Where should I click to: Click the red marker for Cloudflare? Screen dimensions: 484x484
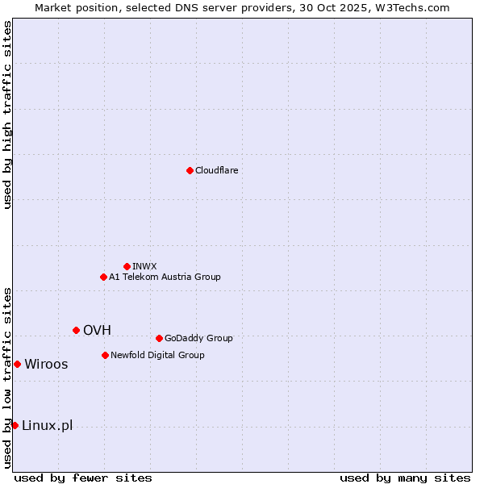point(190,170)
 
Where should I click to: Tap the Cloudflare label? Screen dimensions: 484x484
point(216,170)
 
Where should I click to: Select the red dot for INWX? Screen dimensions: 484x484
point(127,266)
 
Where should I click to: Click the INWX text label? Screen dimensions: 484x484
point(144,266)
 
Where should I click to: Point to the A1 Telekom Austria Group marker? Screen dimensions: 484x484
point(103,277)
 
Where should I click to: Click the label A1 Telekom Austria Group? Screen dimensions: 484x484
point(165,277)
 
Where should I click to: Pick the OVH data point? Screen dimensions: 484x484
point(76,330)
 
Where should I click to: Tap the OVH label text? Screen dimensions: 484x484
point(97,330)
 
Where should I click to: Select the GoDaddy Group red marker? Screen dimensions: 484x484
point(159,338)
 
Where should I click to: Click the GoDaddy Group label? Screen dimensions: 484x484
point(198,338)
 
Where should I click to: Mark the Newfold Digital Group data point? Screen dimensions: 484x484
point(105,355)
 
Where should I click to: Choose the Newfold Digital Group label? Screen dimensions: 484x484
point(157,355)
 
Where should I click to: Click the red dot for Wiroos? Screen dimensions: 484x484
point(17,364)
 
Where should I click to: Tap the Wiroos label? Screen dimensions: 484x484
point(46,364)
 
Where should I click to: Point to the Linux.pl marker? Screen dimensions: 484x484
point(15,425)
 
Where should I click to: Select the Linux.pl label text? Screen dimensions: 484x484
point(47,425)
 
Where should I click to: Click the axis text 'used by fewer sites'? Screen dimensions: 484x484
point(83,478)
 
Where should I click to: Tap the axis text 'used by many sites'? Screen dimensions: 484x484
point(405,478)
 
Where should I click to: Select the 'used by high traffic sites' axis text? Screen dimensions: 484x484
point(7,115)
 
